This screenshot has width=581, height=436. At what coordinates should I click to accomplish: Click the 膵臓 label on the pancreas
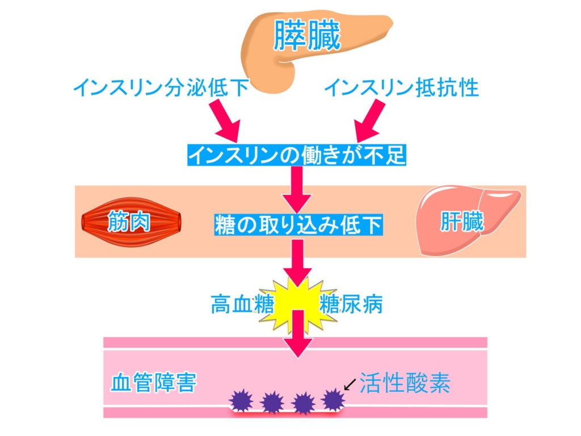(x=307, y=35)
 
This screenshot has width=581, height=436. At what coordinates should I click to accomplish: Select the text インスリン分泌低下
(x=161, y=88)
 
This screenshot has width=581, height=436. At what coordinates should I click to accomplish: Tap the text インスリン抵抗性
(x=402, y=88)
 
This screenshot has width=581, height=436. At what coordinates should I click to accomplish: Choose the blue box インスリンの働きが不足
(x=297, y=154)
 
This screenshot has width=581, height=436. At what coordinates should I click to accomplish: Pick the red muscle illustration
(x=132, y=222)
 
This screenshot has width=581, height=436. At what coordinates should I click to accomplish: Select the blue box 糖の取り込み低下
(x=298, y=225)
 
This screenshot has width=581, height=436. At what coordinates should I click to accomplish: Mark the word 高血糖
(x=242, y=304)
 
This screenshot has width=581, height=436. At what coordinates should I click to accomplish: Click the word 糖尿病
(x=351, y=304)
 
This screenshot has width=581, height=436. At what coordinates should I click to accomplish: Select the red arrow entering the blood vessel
(x=298, y=334)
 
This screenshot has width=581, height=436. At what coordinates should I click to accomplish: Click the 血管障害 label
(x=153, y=383)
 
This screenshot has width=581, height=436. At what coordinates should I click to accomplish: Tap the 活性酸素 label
(x=405, y=383)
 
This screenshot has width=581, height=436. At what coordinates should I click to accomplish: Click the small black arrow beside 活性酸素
(x=350, y=384)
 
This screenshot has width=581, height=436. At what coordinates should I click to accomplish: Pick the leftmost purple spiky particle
(x=241, y=401)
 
